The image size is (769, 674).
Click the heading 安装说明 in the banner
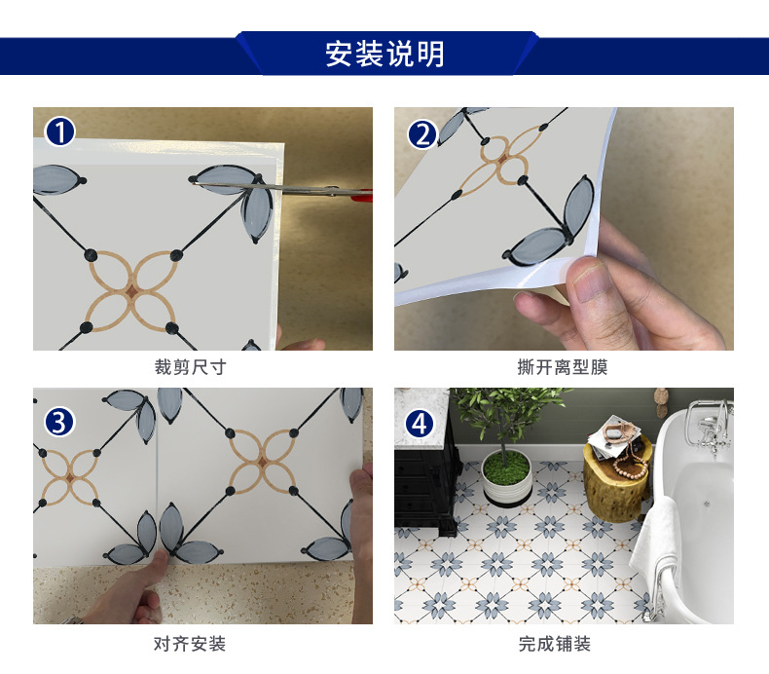pyautogui.click(x=384, y=54)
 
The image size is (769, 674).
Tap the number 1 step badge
pyautogui.click(x=60, y=131)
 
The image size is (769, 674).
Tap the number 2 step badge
pyautogui.click(x=421, y=132)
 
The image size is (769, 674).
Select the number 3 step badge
pyautogui.click(x=60, y=422)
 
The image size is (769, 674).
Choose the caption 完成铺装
pyautogui.click(x=554, y=644)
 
